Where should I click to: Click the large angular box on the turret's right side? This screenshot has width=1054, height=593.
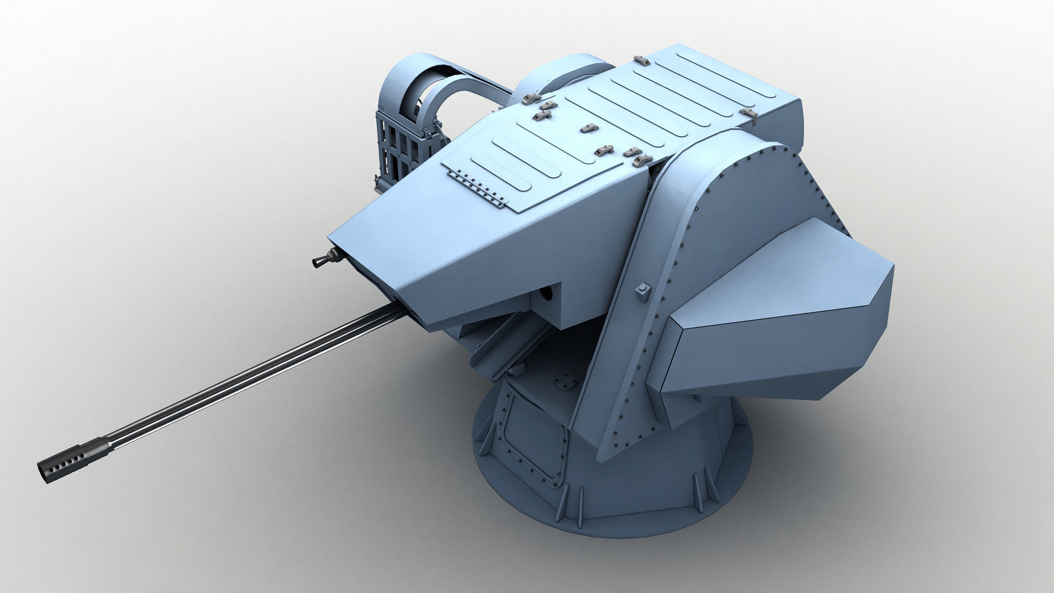(x=780, y=313)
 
